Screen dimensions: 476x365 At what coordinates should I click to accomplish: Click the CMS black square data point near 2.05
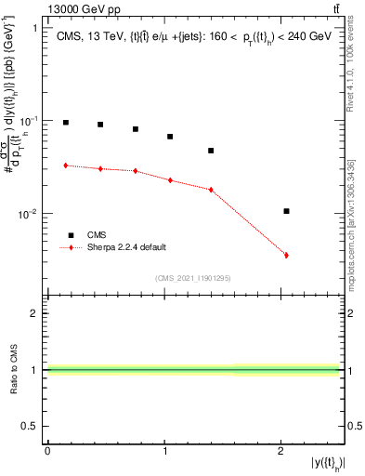pos(286,211)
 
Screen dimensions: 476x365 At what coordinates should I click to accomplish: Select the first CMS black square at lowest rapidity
pos(65,123)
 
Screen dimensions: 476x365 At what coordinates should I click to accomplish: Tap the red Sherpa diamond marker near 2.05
pos(286,255)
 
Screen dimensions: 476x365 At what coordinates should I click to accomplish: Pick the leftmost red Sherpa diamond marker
pos(65,165)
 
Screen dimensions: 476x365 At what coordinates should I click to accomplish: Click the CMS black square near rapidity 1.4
pos(211,151)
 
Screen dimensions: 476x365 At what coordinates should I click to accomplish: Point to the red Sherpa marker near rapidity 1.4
pos(211,190)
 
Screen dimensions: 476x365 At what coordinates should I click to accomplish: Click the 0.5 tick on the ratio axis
pos(34,427)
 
